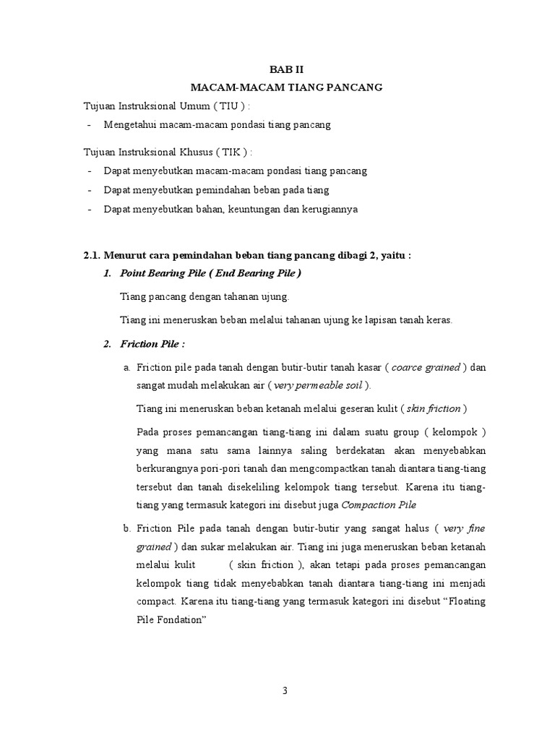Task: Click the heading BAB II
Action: click(x=285, y=69)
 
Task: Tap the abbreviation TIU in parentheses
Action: click(x=216, y=106)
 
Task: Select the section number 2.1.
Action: click(x=92, y=256)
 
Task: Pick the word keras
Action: click(x=438, y=320)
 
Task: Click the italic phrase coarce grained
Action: click(x=426, y=367)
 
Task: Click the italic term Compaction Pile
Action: click(x=379, y=504)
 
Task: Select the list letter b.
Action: click(x=126, y=529)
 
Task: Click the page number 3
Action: click(x=285, y=690)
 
